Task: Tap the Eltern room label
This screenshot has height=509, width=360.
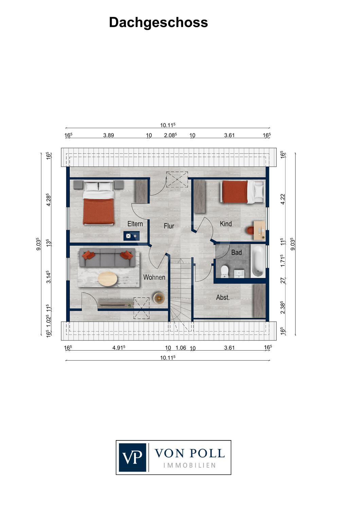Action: [x=135, y=224]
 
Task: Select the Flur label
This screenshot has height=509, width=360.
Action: [x=169, y=226]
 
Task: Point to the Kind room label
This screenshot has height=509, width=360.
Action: [x=226, y=224]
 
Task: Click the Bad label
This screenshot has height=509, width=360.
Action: [x=236, y=252]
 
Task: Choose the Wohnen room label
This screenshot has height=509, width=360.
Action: [x=154, y=277]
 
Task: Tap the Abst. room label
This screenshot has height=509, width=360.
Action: [x=223, y=298]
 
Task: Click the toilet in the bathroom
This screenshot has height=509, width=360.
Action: [x=225, y=271]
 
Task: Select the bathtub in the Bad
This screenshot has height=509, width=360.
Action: [x=258, y=261]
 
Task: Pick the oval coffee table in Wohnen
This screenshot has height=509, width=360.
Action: [x=108, y=279]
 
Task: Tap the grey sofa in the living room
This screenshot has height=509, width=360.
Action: [x=107, y=258]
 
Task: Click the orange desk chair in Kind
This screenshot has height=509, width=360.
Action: [x=250, y=230]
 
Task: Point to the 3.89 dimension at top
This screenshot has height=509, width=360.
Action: [x=108, y=135]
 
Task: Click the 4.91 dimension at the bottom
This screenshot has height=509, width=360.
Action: [x=119, y=348]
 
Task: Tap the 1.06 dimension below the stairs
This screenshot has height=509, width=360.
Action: [x=181, y=348]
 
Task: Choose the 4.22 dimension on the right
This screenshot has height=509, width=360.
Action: [x=283, y=199]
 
